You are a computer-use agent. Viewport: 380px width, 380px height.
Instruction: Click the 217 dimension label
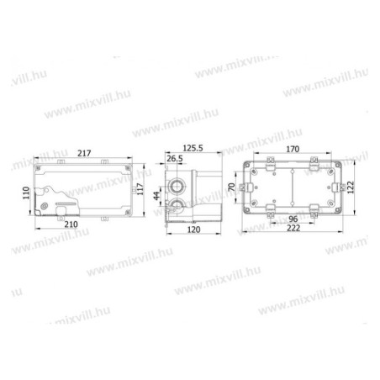pyautogui.click(x=84, y=153)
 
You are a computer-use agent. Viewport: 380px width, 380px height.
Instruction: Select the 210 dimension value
pyautogui.click(x=71, y=224)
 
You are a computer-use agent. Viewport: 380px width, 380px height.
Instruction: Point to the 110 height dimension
pyautogui.click(x=26, y=193)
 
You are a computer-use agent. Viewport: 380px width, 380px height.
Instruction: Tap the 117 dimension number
pyautogui.click(x=140, y=189)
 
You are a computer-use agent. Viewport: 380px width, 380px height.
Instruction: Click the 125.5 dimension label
pyautogui.click(x=193, y=148)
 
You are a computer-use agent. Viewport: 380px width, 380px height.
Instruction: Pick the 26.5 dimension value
pyautogui.click(x=175, y=159)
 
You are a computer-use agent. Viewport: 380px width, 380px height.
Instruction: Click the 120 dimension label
pyautogui.click(x=193, y=230)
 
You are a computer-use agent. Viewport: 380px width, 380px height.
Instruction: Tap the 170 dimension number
pyautogui.click(x=293, y=149)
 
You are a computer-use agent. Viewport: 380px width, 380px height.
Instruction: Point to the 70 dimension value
pyautogui.click(x=232, y=187)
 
